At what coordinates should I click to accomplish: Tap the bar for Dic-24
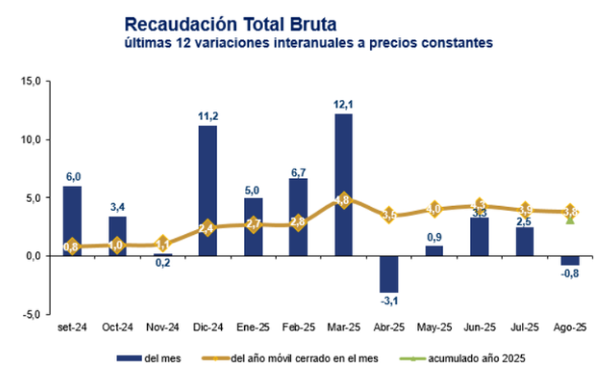tap(208, 190)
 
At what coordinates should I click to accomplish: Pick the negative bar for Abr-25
tap(389, 273)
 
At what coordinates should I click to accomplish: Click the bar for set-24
tap(72, 220)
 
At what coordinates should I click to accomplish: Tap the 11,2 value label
tap(208, 115)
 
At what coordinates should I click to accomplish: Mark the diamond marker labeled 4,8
tap(344, 200)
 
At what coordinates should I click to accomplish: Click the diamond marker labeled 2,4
tap(208, 228)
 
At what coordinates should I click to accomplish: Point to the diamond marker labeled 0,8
tap(72, 246)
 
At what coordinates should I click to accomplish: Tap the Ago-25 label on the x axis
tap(570, 327)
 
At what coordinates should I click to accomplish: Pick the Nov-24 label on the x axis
tap(163, 327)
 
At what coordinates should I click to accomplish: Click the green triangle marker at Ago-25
tap(570, 219)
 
